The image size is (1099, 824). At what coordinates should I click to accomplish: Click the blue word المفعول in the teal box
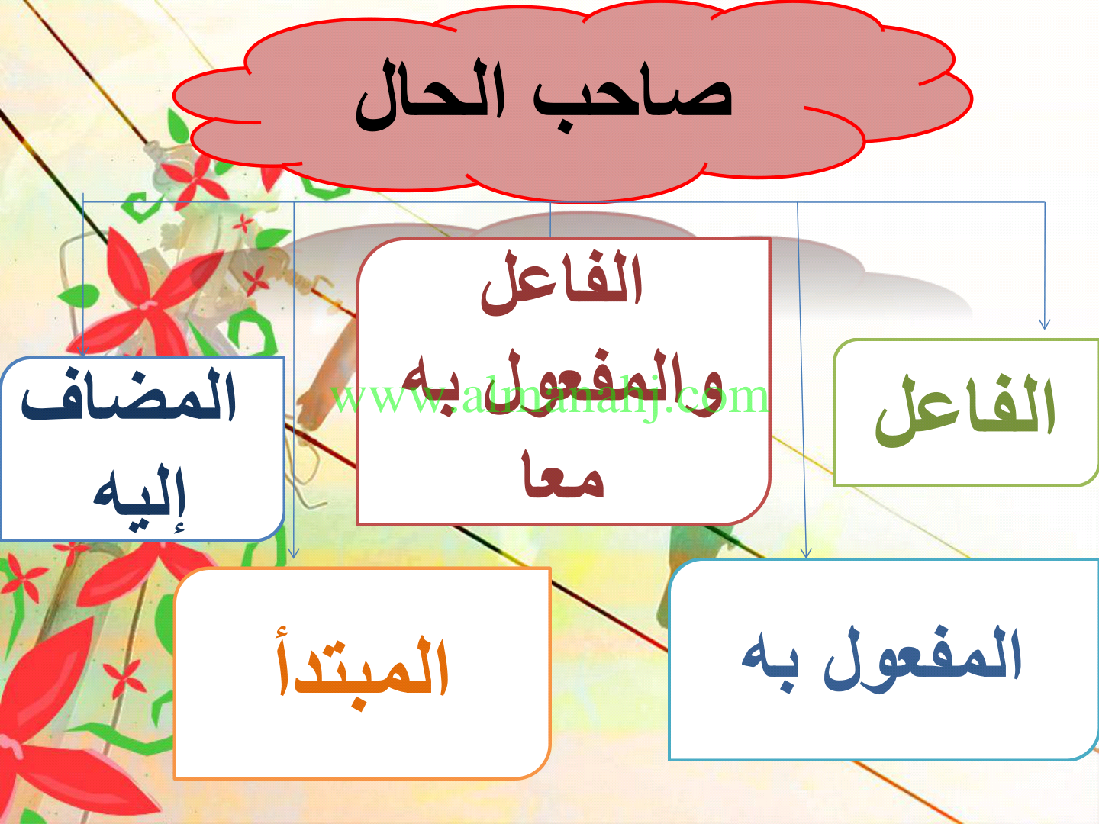point(922,658)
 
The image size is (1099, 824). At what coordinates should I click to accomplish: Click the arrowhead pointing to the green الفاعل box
point(1044,323)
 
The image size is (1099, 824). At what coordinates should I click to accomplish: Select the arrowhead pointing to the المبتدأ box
point(293,552)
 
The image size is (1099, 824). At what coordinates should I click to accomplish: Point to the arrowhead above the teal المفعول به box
point(806,552)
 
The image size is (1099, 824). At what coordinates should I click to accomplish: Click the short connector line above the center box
point(550,220)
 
